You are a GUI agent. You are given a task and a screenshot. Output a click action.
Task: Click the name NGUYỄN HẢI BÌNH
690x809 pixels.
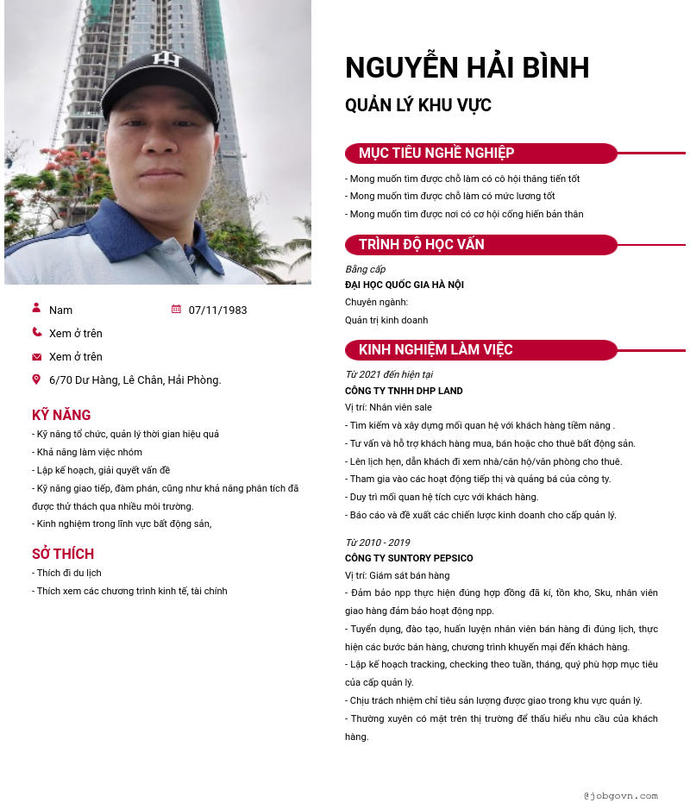click(467, 68)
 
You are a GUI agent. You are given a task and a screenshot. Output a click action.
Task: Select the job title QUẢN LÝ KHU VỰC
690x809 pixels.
click(418, 106)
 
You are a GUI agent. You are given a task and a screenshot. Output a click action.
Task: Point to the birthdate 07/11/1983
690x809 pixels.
click(217, 310)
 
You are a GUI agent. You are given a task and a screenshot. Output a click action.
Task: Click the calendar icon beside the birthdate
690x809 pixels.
click(176, 309)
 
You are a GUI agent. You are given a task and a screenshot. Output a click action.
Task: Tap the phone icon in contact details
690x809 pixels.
click(36, 332)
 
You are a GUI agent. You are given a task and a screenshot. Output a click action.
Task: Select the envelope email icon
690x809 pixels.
click(36, 356)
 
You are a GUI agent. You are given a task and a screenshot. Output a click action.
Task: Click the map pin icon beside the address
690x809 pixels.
click(36, 379)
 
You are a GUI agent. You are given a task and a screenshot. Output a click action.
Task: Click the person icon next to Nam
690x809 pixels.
click(36, 308)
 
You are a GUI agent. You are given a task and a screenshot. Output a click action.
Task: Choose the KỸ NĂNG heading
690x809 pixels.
click(61, 416)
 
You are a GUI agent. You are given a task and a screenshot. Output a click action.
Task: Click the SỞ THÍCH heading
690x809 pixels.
click(63, 555)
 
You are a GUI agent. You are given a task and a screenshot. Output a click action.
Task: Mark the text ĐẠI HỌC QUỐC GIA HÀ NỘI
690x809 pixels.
click(404, 285)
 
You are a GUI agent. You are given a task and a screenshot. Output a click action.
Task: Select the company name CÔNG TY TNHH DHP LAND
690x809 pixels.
click(404, 392)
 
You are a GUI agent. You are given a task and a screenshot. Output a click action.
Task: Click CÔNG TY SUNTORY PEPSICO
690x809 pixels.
click(409, 559)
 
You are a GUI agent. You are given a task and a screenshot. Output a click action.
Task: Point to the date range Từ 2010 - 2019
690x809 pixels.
click(377, 542)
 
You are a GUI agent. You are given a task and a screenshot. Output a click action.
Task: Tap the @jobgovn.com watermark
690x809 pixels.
click(620, 796)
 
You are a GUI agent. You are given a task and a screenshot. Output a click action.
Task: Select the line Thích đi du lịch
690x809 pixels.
click(68, 574)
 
